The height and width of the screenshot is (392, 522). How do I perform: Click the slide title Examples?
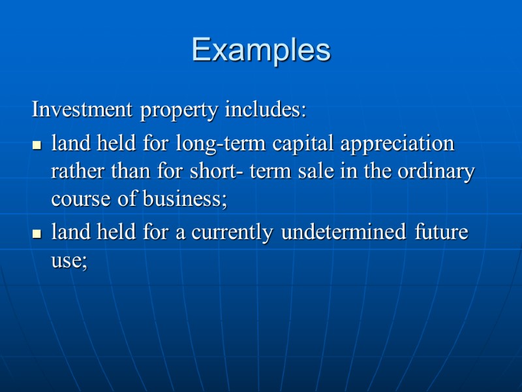click(261, 50)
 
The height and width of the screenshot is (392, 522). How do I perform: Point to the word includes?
click(265, 109)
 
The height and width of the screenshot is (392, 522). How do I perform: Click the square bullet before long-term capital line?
click(37, 144)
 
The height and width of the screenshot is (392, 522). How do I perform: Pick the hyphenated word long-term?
click(222, 142)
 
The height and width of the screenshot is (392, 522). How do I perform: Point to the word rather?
click(74, 172)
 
